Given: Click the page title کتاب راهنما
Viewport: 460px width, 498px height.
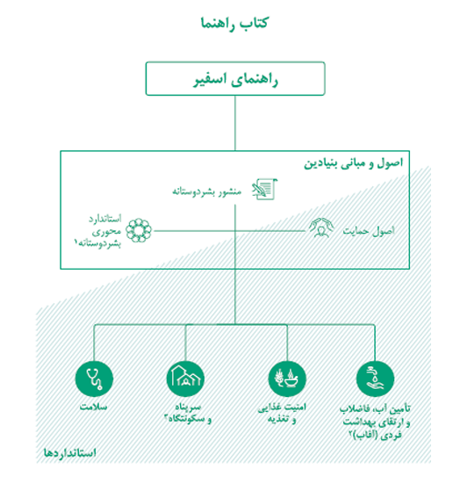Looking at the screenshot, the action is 235,24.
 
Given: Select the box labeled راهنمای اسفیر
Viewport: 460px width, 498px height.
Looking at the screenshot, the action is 235,78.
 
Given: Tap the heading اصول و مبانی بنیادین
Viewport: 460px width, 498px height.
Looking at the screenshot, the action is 353,163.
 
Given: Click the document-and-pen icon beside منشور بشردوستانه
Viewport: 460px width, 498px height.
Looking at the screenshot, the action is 265,190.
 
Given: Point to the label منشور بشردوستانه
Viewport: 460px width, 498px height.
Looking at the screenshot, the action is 206,191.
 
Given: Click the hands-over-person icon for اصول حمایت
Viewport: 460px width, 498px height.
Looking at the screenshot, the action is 321,228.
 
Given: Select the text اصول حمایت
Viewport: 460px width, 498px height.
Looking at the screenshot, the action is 369,231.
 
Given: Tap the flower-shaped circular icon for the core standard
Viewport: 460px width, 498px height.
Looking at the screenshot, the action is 139,230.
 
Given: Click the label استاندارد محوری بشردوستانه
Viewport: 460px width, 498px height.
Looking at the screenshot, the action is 98,231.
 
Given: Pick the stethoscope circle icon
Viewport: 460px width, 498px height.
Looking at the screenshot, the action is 94,379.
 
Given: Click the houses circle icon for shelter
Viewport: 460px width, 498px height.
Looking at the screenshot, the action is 185,379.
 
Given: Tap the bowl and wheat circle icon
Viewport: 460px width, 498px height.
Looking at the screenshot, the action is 287,379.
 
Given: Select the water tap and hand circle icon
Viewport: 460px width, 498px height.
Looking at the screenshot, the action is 375,379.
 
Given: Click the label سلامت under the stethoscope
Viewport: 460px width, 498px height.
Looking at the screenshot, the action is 93,407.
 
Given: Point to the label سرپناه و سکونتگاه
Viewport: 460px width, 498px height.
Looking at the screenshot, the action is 188,413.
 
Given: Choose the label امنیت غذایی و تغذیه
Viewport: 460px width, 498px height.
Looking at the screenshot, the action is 282,413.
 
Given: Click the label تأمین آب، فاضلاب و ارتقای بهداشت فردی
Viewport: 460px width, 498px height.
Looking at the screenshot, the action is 375,422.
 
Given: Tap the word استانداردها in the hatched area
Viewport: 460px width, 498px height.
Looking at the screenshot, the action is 70,453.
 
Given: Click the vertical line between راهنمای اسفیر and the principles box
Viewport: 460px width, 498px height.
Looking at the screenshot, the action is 235,123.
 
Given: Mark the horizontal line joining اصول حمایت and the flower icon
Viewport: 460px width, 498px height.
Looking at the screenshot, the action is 229,231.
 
